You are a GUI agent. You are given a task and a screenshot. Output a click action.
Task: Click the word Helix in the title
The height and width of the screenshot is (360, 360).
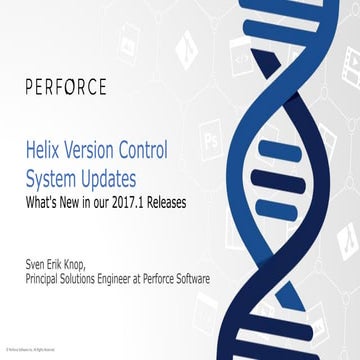click(45, 152)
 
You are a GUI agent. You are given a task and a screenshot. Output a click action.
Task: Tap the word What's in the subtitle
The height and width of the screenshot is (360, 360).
click(41, 201)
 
